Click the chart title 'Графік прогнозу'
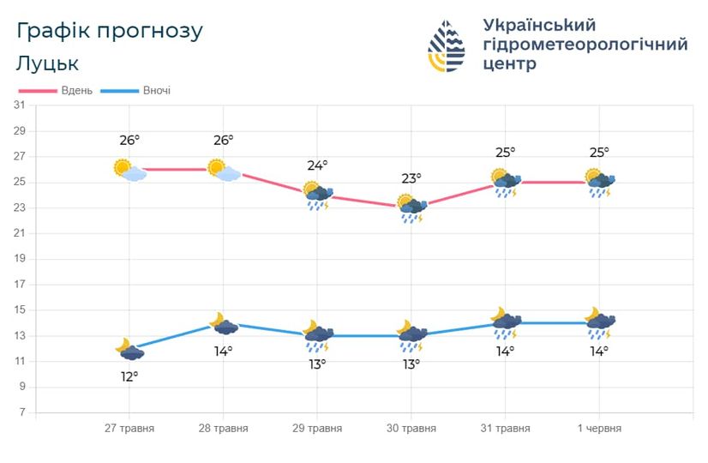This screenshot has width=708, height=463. click(x=110, y=31)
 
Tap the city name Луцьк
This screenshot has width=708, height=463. click(x=47, y=63)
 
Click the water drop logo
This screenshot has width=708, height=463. click(x=447, y=45)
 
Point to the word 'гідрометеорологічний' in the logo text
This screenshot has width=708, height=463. click(x=585, y=45)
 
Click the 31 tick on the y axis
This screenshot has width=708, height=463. click(x=19, y=105)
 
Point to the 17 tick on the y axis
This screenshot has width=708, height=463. click(x=19, y=285)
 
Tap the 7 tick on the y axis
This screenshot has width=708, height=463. click(x=21, y=412)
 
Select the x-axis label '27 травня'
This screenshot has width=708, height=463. click(x=129, y=429)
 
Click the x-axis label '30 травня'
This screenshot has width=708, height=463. click(x=411, y=429)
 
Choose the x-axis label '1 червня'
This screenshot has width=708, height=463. click(x=598, y=429)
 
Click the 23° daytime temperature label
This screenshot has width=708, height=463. click(x=411, y=178)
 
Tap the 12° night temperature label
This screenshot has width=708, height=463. click(x=129, y=376)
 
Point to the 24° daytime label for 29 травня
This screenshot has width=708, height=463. click(x=317, y=165)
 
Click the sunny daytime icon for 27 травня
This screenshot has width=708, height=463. click(x=129, y=170)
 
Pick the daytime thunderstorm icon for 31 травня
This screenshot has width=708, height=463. click(x=505, y=183)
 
